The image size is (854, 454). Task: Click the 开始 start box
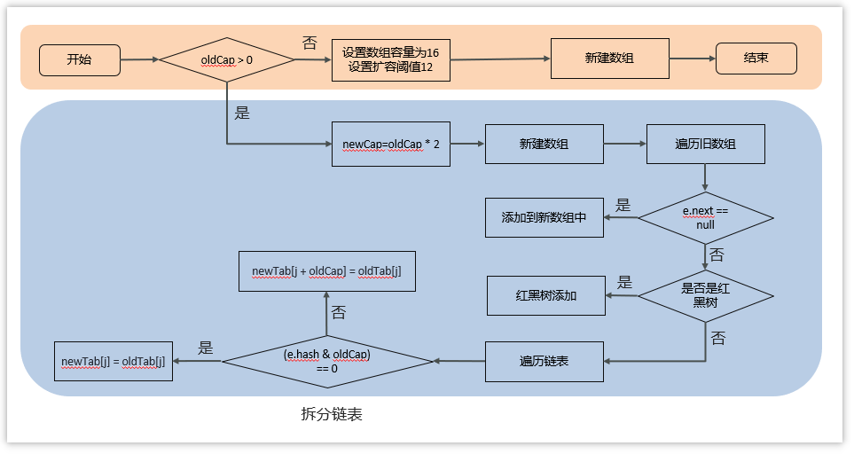click(79, 59)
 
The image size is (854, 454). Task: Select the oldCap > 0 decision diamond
click(227, 60)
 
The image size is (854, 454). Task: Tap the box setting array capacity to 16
click(390, 60)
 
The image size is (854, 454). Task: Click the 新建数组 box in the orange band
click(609, 59)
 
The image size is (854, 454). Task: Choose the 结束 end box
click(756, 59)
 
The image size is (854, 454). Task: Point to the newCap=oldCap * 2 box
click(390, 144)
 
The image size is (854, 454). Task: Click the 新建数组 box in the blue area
click(544, 144)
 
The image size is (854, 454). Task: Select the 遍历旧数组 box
click(705, 144)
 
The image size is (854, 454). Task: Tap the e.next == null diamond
click(705, 218)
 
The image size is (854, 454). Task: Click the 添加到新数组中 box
click(544, 218)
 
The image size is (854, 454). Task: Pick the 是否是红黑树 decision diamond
click(705, 295)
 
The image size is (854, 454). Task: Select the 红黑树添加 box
click(546, 295)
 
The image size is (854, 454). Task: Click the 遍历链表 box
click(544, 361)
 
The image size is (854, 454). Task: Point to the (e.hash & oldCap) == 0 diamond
click(327, 361)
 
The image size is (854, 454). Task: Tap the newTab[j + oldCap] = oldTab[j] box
click(326, 270)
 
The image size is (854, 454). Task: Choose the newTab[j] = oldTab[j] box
click(113, 361)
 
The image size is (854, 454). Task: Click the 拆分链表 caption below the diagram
click(332, 414)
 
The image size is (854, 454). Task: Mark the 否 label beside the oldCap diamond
click(309, 43)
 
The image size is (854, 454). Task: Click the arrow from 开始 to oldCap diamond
click(138, 59)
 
